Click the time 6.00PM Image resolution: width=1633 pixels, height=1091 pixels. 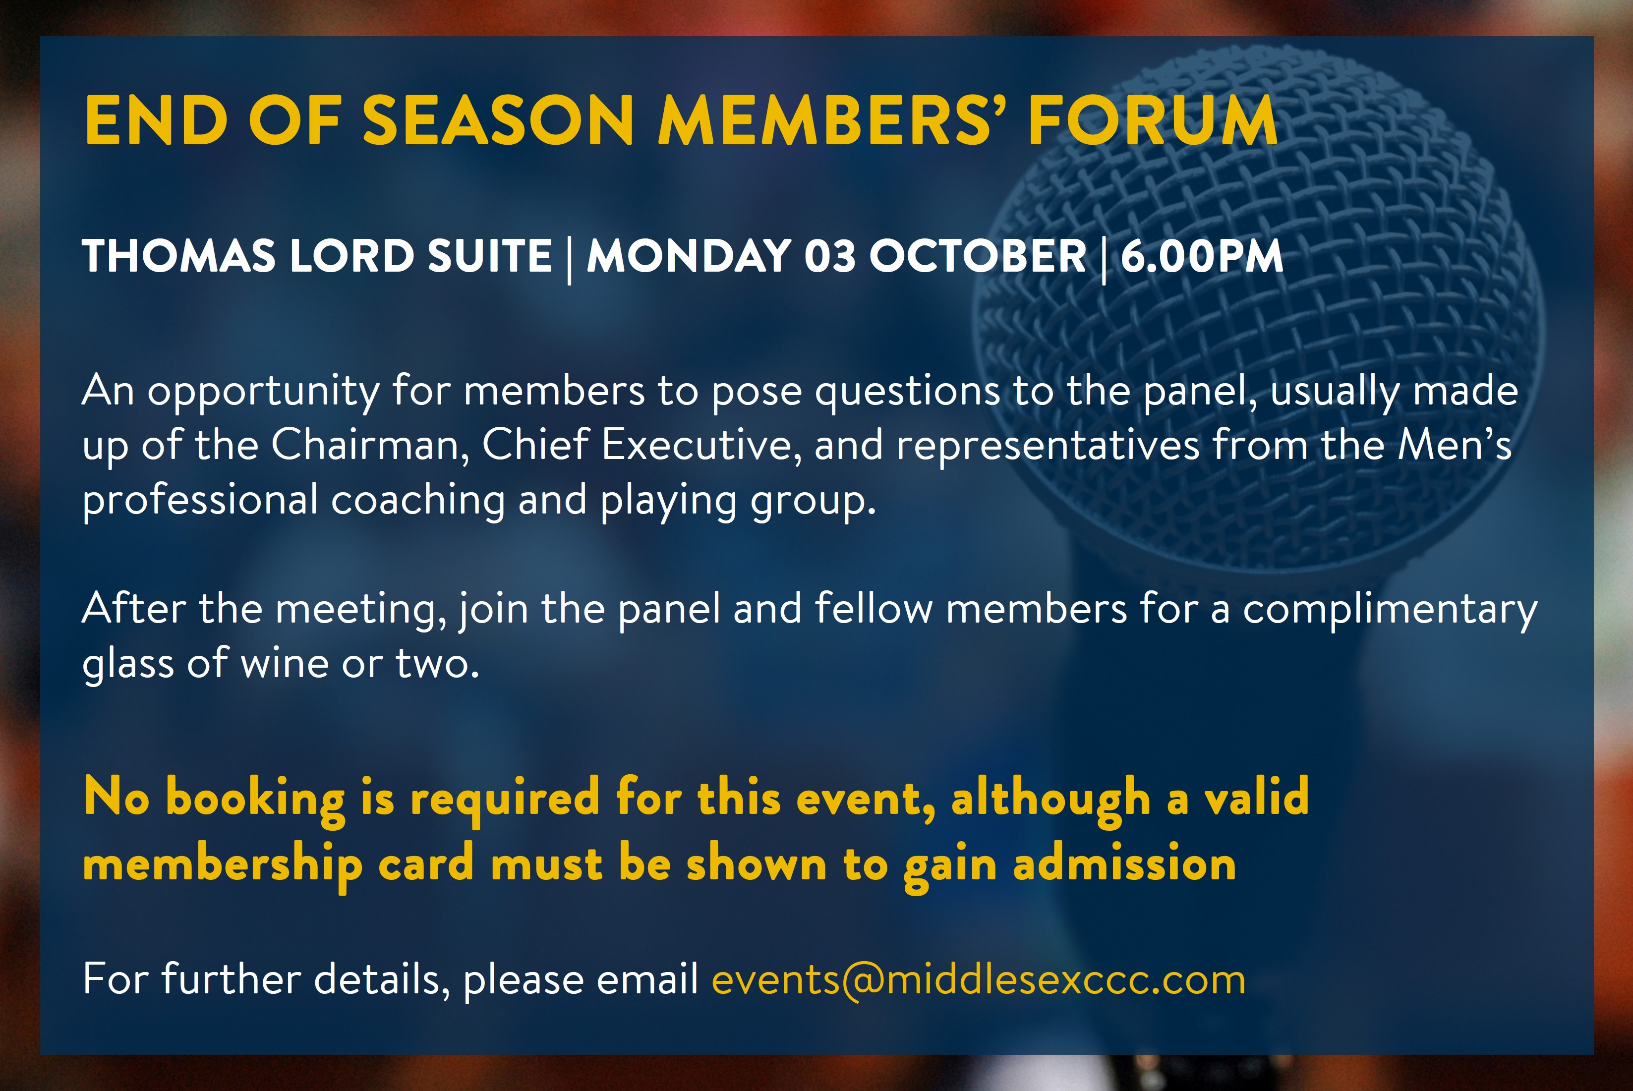coord(1202,256)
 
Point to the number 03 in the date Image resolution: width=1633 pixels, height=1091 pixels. coord(830,256)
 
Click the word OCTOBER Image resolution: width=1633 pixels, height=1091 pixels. coord(978,256)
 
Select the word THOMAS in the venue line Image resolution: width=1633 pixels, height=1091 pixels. coord(179,256)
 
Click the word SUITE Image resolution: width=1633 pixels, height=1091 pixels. coord(490,256)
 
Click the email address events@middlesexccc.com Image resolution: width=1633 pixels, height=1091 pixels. coord(978,979)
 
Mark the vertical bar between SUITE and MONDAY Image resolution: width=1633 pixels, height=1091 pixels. coord(570,258)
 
